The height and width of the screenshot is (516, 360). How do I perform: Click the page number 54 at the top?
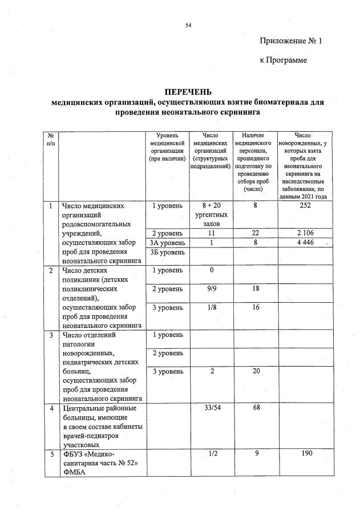188,26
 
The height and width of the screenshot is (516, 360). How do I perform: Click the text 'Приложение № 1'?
291,41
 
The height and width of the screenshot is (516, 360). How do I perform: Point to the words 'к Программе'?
283,60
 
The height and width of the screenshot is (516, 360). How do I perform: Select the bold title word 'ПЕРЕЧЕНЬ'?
188,92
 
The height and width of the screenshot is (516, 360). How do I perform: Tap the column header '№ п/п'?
51,140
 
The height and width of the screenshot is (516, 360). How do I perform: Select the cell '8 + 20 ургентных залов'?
212,214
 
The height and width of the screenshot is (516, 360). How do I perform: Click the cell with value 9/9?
212,289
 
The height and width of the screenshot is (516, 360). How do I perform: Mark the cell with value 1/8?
212,307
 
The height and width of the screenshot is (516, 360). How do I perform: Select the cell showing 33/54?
212,408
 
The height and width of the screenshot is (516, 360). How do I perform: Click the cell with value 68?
256,408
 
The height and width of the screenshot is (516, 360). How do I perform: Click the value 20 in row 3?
256,371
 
